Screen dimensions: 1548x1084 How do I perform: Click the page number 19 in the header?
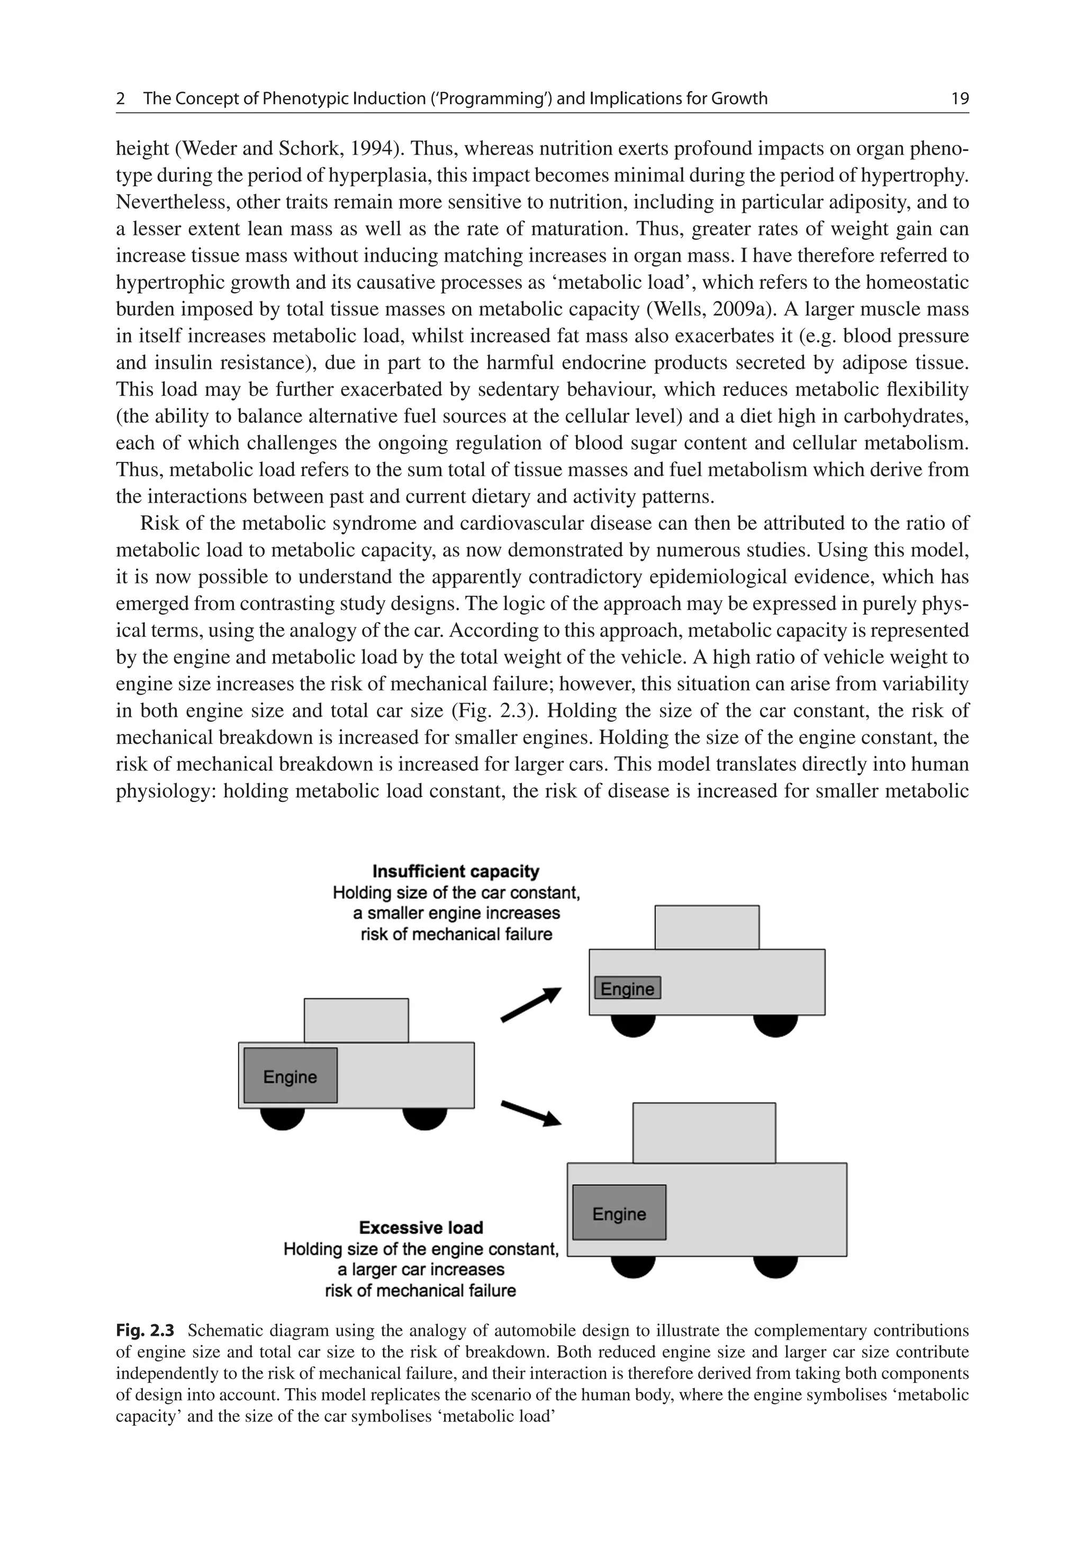959,99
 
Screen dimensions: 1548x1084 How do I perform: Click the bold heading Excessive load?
420,1228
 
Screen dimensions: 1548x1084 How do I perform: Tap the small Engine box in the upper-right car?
627,988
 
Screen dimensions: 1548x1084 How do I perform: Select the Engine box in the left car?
290,1076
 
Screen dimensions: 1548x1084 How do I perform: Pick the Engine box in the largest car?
619,1214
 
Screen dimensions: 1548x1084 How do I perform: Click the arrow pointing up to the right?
531,1005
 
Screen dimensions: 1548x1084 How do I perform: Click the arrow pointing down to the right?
531,1113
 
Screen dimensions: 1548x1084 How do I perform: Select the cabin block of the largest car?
703,1133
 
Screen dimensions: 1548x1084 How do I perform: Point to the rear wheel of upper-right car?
775,1025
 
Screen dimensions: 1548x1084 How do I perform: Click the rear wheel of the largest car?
775,1265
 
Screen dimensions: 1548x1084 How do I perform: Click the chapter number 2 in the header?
121,99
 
